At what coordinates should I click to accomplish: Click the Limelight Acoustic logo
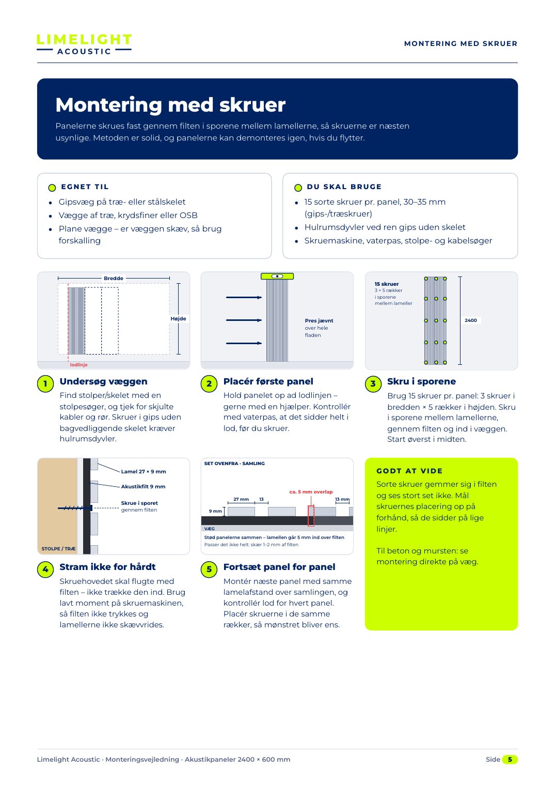point(84,44)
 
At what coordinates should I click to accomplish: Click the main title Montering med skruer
point(170,104)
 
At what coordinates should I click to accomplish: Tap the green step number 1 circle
point(45,383)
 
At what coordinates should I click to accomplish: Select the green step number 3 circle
point(373,383)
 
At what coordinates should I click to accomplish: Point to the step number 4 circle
point(45,569)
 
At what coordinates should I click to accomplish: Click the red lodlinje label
point(78,364)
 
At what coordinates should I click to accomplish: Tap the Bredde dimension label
point(114,278)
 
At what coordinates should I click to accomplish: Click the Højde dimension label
point(179,319)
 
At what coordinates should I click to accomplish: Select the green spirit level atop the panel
point(277,276)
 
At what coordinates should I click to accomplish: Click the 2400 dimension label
point(470,320)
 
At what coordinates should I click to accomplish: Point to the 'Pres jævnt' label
point(319,321)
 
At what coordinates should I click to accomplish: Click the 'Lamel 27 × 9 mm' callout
point(144,472)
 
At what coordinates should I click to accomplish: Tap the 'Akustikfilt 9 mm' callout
point(143,486)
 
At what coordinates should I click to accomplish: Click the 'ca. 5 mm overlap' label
point(311,491)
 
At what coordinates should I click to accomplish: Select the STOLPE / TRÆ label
point(58,548)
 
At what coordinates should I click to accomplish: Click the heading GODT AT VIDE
point(409,471)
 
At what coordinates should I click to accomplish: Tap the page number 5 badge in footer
point(510,759)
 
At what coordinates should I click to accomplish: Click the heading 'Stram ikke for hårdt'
point(107,567)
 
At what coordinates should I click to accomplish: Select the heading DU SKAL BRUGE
point(344,187)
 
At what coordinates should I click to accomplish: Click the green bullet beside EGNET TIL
point(52,188)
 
